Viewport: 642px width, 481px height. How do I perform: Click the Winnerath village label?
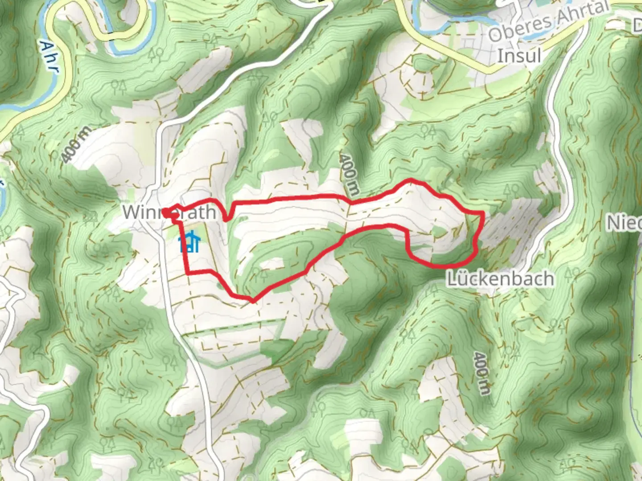169,212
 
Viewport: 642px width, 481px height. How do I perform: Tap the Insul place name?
519,56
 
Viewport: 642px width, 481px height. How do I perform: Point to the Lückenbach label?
500,279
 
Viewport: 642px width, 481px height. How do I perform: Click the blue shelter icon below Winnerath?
189,244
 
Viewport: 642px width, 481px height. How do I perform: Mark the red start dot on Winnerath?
165,213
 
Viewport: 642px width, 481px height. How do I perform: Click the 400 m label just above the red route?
350,175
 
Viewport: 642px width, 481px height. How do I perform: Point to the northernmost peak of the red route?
411,180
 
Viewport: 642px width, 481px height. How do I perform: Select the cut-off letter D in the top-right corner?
638,27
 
